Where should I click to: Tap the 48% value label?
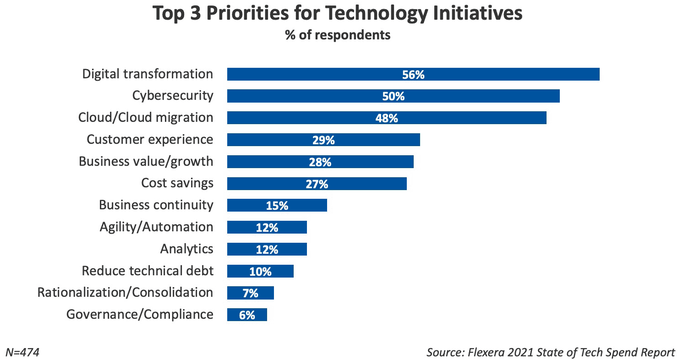[387, 118]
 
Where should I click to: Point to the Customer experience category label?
[150, 139]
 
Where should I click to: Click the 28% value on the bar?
[320, 162]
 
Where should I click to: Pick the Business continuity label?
[156, 205]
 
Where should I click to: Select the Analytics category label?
[186, 249]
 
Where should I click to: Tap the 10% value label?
[260, 272]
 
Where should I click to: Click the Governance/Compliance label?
[140, 314]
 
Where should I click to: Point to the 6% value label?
[247, 315]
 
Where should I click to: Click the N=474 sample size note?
[22, 352]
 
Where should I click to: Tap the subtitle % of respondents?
[338, 35]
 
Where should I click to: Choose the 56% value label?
[413, 75]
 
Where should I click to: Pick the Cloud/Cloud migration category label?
[146, 117]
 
